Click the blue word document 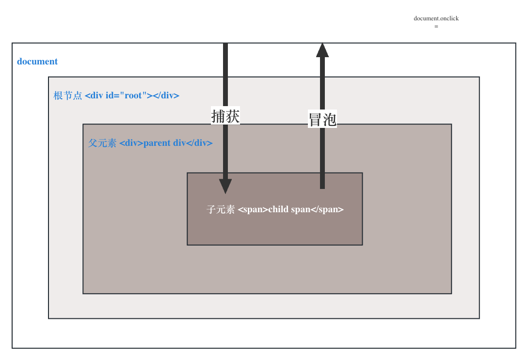point(37,62)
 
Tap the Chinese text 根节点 point(68,95)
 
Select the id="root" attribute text point(126,95)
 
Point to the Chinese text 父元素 point(102,143)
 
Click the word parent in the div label point(157,143)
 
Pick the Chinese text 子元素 point(221,210)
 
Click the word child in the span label point(278,210)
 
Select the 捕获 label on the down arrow point(225,116)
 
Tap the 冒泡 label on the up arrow point(322,119)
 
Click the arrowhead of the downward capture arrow point(225,186)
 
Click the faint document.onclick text point(436,18)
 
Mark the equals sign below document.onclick point(436,26)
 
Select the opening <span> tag point(253,210)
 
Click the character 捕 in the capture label point(219,116)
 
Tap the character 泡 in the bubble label point(330,119)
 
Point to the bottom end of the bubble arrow point(322,187)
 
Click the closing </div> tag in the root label point(166,95)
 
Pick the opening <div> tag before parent point(131,143)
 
